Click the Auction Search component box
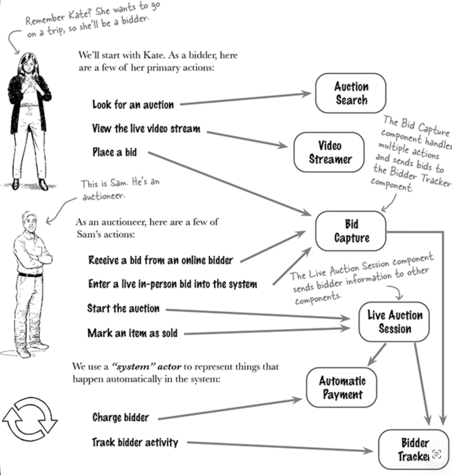pyautogui.click(x=350, y=93)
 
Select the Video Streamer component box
pyautogui.click(x=329, y=153)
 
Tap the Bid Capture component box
pyautogui.click(x=350, y=231)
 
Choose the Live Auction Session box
pyautogui.click(x=394, y=322)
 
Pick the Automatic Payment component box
pyautogui.click(x=342, y=388)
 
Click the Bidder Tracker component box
pyautogui.click(x=413, y=449)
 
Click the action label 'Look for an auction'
pyautogui.click(x=133, y=104)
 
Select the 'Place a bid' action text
pyautogui.click(x=114, y=152)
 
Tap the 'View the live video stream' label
pyautogui.click(x=146, y=128)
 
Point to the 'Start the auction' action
pyautogui.click(x=123, y=308)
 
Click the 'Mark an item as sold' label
pyautogui.click(x=132, y=333)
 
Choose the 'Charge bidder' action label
pyautogui.click(x=120, y=417)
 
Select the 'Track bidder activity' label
pyautogui.click(x=135, y=443)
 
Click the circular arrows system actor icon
pyautogui.click(x=29, y=418)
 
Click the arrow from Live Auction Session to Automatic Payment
pyautogui.click(x=377, y=354)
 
